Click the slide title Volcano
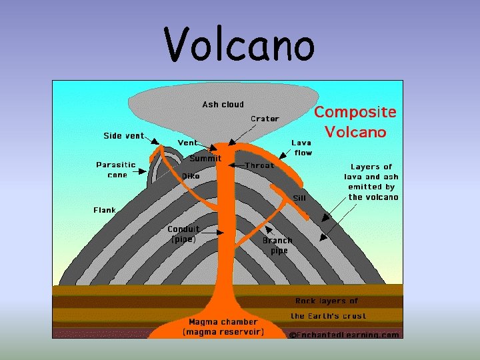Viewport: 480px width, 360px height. [239, 45]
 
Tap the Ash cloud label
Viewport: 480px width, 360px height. [223, 104]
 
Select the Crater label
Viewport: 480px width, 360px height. [265, 119]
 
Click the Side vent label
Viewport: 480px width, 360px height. [123, 135]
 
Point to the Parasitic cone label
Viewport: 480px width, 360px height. [116, 169]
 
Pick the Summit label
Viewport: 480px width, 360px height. [205, 159]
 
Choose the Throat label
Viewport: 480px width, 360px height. [259, 165]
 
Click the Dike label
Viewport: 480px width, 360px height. [191, 176]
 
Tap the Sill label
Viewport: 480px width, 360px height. [300, 198]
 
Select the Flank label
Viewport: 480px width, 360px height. [105, 210]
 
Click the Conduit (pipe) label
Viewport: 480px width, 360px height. [183, 234]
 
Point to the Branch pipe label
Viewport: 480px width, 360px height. [277, 245]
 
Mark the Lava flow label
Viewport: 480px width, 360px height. [302, 147]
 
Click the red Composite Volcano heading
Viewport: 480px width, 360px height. [355, 122]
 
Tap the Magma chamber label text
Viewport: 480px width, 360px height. [223, 326]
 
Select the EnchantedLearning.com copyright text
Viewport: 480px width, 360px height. [344, 335]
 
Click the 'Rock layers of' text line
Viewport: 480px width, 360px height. [327, 301]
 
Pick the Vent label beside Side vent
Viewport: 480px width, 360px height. [187, 143]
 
